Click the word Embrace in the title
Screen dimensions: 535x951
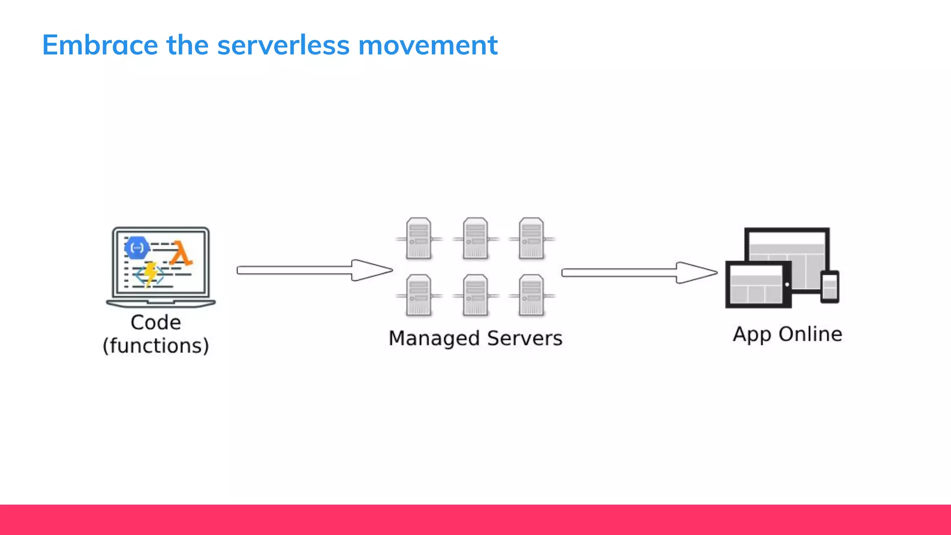pyautogui.click(x=100, y=45)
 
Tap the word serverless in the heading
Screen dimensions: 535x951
pyautogui.click(x=283, y=45)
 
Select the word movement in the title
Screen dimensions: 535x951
pyautogui.click(x=428, y=45)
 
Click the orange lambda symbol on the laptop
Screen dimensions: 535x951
pyautogui.click(x=181, y=254)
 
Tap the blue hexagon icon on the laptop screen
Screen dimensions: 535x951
pyautogui.click(x=137, y=248)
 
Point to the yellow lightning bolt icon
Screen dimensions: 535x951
pyautogui.click(x=150, y=273)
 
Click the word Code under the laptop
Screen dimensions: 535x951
pyautogui.click(x=156, y=322)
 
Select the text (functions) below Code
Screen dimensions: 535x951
pyautogui.click(x=156, y=346)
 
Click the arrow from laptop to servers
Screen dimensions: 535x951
pyautogui.click(x=314, y=270)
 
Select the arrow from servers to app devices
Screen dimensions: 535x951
pyautogui.click(x=639, y=273)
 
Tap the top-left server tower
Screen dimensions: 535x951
pyautogui.click(x=418, y=238)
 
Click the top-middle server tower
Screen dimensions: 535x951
pyautogui.click(x=475, y=238)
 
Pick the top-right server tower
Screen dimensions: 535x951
pyautogui.click(x=531, y=238)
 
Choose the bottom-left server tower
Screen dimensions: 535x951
pyautogui.click(x=418, y=295)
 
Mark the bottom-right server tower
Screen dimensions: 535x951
pyautogui.click(x=531, y=295)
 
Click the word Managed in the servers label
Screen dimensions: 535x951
pyautogui.click(x=434, y=339)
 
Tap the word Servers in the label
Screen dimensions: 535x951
pyautogui.click(x=525, y=338)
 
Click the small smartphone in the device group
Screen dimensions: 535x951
pyautogui.click(x=829, y=287)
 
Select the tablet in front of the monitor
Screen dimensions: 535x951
pyautogui.click(x=758, y=285)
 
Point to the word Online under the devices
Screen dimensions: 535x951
pyautogui.click(x=810, y=334)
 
